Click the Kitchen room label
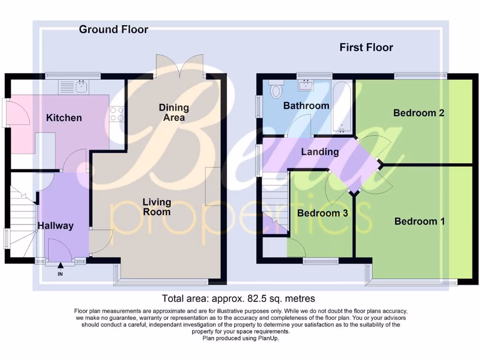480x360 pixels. point(64,118)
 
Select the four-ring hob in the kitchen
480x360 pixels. point(117,114)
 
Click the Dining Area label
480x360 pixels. point(174,112)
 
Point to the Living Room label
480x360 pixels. point(157,207)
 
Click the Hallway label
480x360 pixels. point(56,226)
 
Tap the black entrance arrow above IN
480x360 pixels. point(60,266)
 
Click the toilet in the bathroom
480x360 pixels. point(276,90)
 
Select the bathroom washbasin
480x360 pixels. point(307,85)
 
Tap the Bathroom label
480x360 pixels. point(306,106)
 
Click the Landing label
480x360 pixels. point(320,152)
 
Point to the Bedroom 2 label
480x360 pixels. point(419,113)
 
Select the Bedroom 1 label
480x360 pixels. point(420,221)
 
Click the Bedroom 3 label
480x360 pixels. point(322,213)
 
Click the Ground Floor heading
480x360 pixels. point(113,30)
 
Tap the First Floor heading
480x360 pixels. point(366,47)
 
